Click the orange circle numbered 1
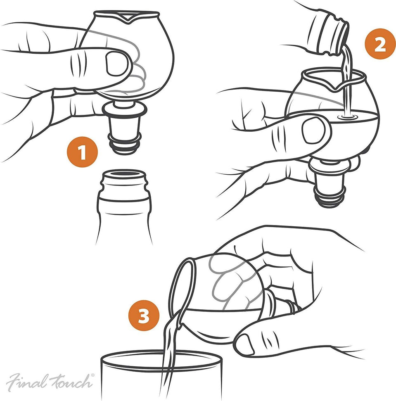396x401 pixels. tap(82, 152)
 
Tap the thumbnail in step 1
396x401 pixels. tap(117, 64)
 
